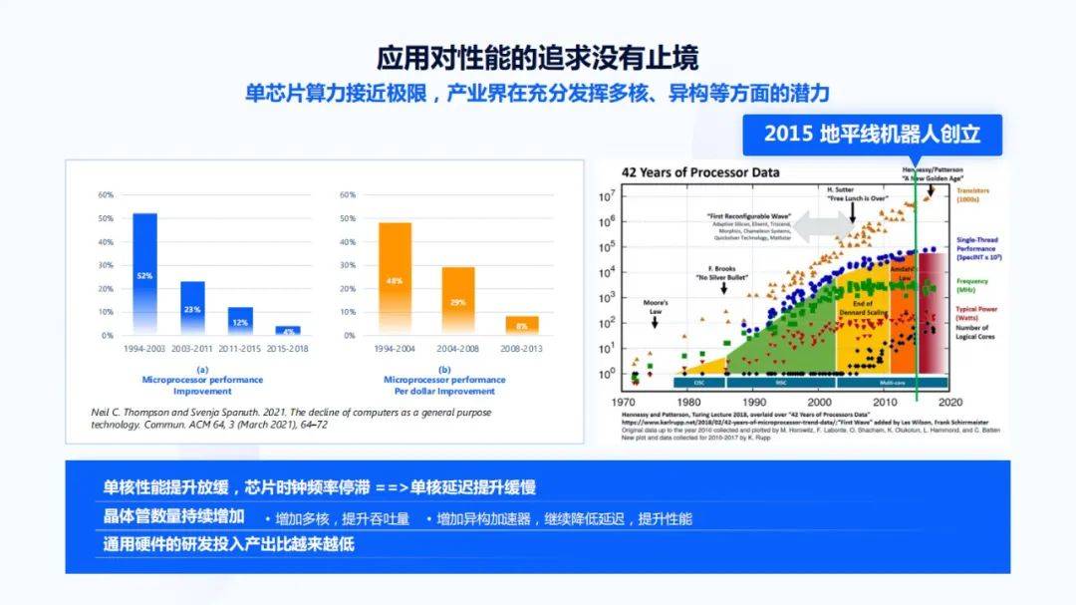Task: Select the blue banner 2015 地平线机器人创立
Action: point(872,134)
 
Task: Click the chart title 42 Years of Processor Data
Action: point(700,172)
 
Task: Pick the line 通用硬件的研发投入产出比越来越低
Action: point(228,544)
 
